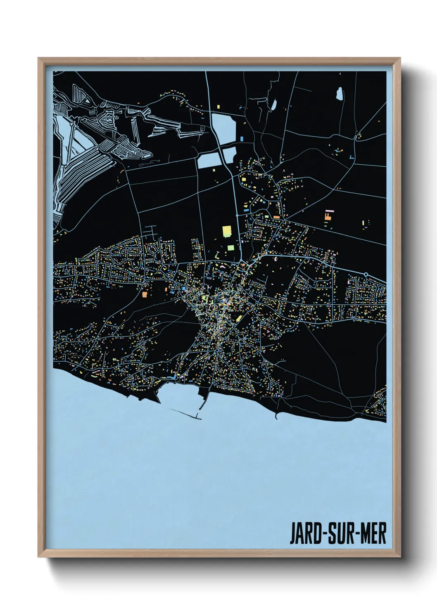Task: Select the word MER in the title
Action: pyautogui.click(x=373, y=534)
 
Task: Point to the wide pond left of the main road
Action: pyautogui.click(x=210, y=160)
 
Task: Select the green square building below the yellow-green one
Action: pyautogui.click(x=230, y=248)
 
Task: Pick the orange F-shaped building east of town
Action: pyautogui.click(x=328, y=215)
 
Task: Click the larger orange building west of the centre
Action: pyautogui.click(x=145, y=294)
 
